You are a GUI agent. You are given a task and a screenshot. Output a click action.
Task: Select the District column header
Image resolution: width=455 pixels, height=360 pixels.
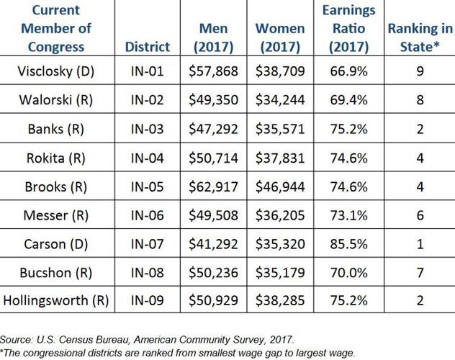[x=147, y=47]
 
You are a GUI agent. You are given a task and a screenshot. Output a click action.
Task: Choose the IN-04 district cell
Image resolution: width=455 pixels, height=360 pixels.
[x=147, y=157]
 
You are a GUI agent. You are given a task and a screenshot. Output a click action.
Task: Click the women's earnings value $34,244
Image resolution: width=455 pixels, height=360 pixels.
[x=281, y=100]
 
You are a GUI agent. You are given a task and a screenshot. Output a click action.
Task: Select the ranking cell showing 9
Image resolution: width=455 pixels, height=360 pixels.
[x=419, y=72]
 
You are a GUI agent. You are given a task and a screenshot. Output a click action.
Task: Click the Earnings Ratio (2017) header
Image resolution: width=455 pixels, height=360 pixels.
[x=348, y=29]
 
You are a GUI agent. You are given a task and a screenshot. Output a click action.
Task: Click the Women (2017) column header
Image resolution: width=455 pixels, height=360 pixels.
[x=281, y=38]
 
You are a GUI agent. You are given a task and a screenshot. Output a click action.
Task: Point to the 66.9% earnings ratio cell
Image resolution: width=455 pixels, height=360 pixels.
[x=348, y=72]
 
